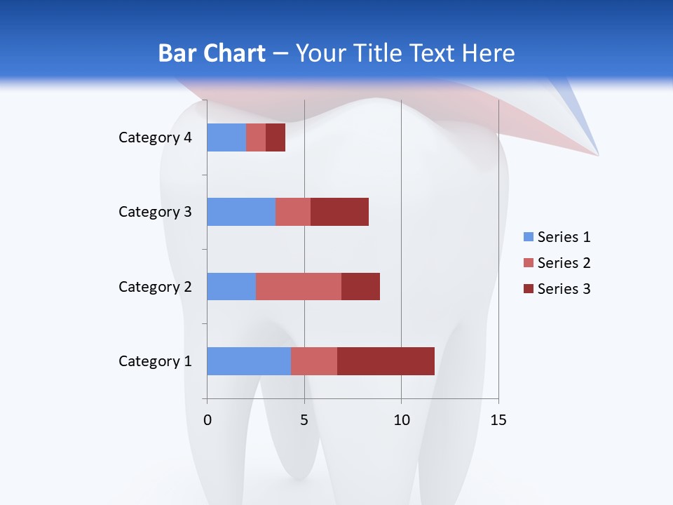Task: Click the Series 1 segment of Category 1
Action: click(249, 361)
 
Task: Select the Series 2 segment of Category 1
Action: click(314, 361)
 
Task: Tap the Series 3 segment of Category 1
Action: click(386, 361)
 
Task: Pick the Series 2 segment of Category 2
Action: click(299, 286)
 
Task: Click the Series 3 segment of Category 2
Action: click(360, 286)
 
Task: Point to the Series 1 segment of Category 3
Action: click(241, 212)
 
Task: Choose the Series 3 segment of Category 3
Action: click(339, 212)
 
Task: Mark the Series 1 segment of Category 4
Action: click(226, 137)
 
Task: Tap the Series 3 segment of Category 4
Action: click(276, 137)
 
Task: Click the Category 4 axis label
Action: click(155, 137)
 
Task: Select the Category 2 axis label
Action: click(155, 286)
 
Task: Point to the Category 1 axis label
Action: click(155, 361)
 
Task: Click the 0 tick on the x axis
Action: click(208, 420)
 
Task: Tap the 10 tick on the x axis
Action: click(401, 420)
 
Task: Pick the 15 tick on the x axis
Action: click(498, 420)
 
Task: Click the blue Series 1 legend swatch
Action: click(528, 237)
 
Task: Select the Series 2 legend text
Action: click(564, 263)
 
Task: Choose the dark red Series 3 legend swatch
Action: click(528, 289)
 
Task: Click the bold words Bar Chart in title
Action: click(212, 53)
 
